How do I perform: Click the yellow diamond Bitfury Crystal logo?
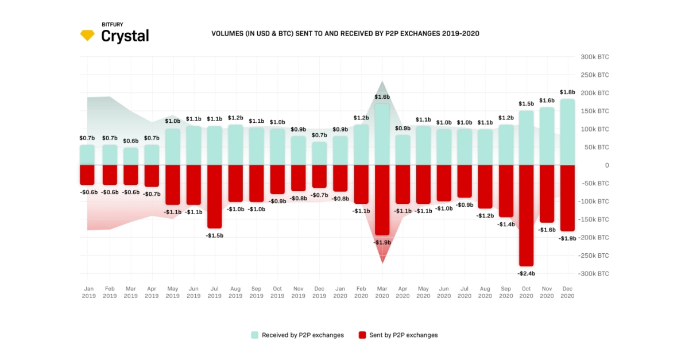click(x=87, y=35)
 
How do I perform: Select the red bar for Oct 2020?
click(x=527, y=215)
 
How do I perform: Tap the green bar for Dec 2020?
click(x=567, y=132)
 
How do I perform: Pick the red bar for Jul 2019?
click(x=214, y=196)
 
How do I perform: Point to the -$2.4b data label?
click(x=527, y=273)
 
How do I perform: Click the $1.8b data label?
click(x=567, y=92)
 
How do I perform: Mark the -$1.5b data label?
click(x=214, y=235)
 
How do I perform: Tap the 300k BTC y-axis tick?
click(x=595, y=57)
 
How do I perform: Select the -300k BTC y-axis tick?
click(x=594, y=274)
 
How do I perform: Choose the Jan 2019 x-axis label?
click(x=88, y=292)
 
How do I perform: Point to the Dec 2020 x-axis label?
click(x=567, y=292)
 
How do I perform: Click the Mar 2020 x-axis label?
click(x=382, y=292)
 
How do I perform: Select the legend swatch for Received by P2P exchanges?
click(x=254, y=335)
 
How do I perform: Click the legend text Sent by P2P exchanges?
click(x=404, y=335)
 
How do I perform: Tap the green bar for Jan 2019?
click(x=87, y=155)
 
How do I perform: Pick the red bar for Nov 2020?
click(x=547, y=193)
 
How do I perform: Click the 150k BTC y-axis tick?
click(x=595, y=111)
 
